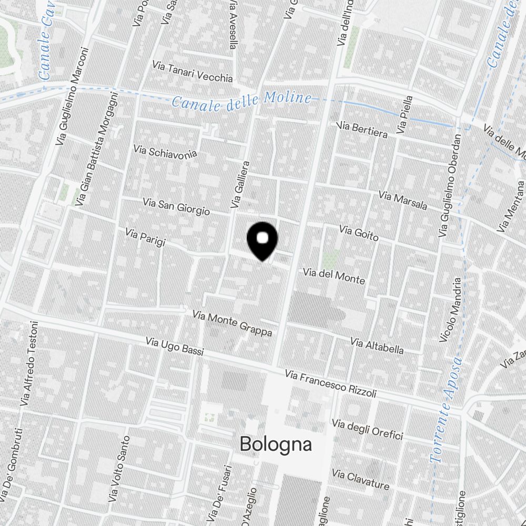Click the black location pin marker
tap(262, 240)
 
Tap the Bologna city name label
tap(276, 444)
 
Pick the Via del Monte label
tap(333, 276)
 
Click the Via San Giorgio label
tap(176, 206)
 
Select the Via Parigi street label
tap(145, 237)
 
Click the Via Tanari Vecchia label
tap(192, 72)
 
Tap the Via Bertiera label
tap(362, 129)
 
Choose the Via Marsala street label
tap(403, 200)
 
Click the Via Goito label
tap(359, 233)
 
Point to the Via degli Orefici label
tap(367, 429)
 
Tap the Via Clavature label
tap(360, 480)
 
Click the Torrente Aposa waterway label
tap(446, 410)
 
